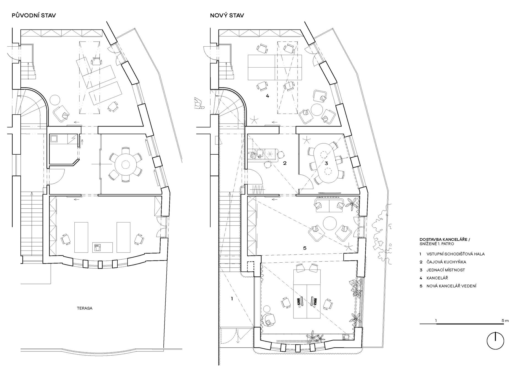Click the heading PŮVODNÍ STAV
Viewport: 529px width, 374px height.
pyautogui.click(x=34, y=16)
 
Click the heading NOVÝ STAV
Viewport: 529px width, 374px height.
pyautogui.click(x=227, y=16)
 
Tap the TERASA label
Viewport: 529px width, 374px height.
pyautogui.click(x=85, y=308)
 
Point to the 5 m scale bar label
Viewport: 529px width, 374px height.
pyautogui.click(x=505, y=321)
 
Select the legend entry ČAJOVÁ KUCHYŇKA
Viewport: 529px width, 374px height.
pyautogui.click(x=446, y=262)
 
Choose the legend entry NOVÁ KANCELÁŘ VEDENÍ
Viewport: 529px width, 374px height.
pyautogui.click(x=451, y=286)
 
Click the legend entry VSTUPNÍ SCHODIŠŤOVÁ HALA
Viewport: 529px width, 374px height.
pyautogui.click(x=455, y=254)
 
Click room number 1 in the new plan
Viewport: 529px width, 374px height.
pyautogui.click(x=232, y=298)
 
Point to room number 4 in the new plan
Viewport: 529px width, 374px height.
pyautogui.click(x=267, y=96)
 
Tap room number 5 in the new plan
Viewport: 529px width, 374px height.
pyautogui.click(x=304, y=248)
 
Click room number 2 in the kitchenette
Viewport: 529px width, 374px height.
pyautogui.click(x=285, y=163)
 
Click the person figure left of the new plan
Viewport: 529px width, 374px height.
pyautogui.click(x=199, y=103)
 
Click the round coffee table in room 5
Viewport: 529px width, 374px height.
pyautogui.click(x=330, y=224)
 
